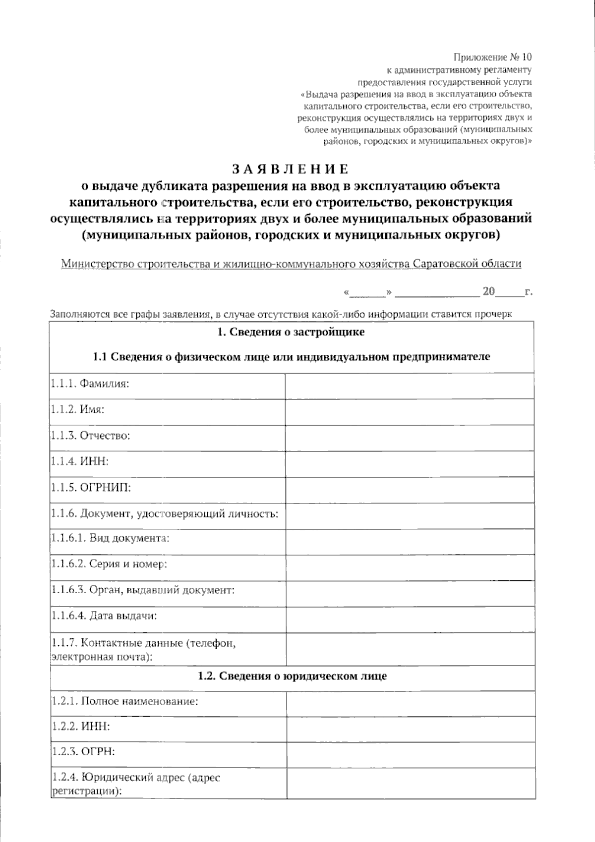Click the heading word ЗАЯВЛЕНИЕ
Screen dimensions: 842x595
(x=291, y=169)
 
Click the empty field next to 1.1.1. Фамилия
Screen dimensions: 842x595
(x=410, y=386)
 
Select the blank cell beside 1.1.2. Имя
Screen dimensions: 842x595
(x=410, y=412)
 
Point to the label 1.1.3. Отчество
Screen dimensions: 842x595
(x=90, y=436)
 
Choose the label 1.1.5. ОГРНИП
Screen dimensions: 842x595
(x=91, y=488)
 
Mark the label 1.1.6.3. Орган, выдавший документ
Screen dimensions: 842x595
(x=142, y=590)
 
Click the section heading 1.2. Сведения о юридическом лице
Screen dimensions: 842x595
(x=293, y=676)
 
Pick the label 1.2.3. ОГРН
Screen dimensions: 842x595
(x=83, y=752)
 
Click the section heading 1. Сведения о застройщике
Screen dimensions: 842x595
(x=291, y=332)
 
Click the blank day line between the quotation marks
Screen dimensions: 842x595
(x=368, y=293)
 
